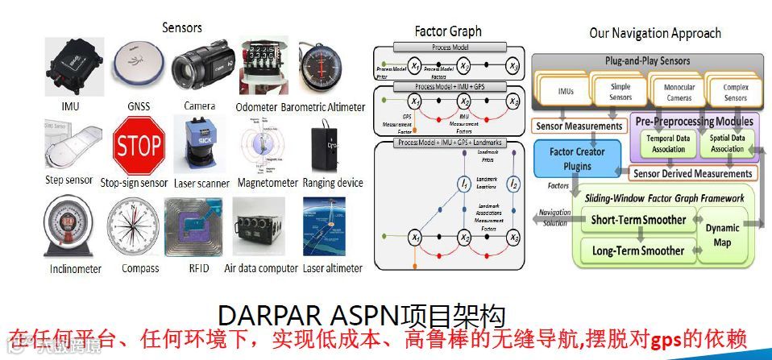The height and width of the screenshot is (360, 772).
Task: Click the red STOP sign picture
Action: (x=139, y=147)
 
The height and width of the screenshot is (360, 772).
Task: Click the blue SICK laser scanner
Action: (x=198, y=145)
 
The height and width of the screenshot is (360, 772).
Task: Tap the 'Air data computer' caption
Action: (x=260, y=267)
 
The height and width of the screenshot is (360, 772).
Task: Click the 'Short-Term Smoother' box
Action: (x=638, y=219)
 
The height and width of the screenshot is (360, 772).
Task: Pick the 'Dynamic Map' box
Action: (x=721, y=234)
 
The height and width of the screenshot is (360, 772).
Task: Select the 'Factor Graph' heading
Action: (x=448, y=31)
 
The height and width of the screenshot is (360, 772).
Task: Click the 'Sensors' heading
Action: (x=182, y=27)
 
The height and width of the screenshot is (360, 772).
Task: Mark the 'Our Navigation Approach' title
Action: (x=655, y=33)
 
